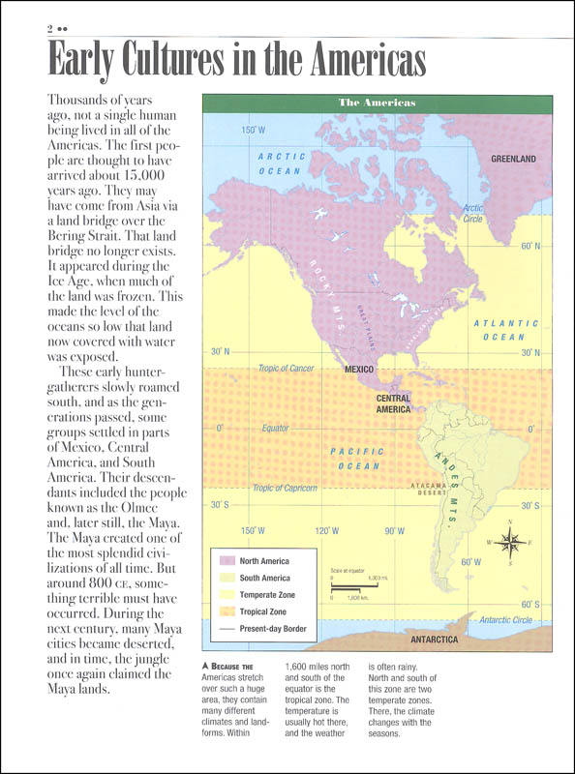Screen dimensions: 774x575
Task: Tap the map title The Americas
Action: pyautogui.click(x=377, y=103)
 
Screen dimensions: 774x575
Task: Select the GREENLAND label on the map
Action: pyautogui.click(x=513, y=158)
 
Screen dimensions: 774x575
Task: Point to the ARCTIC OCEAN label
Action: pyautogui.click(x=282, y=163)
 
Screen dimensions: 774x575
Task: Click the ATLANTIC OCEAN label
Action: pyautogui.click(x=505, y=330)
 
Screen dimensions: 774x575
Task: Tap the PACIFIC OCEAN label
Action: pyautogui.click(x=357, y=458)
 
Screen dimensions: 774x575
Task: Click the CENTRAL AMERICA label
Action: pyautogui.click(x=393, y=403)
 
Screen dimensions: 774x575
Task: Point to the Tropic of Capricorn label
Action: pyautogui.click(x=285, y=489)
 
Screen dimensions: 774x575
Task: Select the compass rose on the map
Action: pyautogui.click(x=513, y=543)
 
